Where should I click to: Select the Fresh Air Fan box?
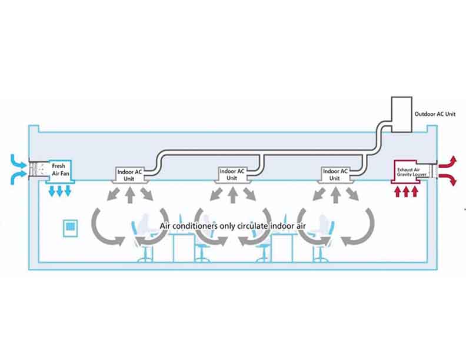(x=59, y=170)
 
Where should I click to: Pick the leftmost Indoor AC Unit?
(x=129, y=174)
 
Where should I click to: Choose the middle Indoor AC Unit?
(x=232, y=174)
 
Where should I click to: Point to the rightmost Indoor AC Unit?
(x=335, y=174)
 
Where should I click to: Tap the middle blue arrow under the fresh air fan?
(x=59, y=192)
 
